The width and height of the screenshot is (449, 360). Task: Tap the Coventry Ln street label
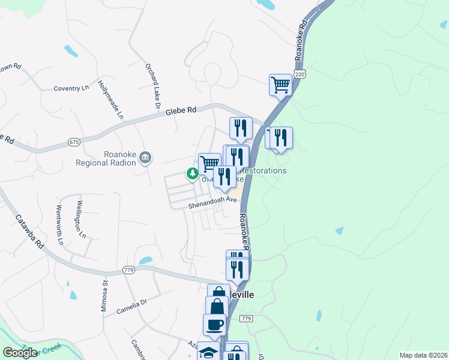click(71, 89)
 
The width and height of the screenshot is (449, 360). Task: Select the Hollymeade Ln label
click(110, 99)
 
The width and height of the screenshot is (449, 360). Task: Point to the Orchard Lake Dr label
click(151, 85)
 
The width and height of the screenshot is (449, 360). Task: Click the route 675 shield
click(74, 142)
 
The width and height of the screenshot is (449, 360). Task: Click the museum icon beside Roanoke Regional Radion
click(145, 158)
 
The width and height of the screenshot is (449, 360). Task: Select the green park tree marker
click(192, 174)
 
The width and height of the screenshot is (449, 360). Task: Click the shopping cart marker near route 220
click(280, 85)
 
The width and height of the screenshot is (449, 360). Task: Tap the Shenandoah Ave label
click(209, 202)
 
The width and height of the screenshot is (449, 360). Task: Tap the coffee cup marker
click(215, 325)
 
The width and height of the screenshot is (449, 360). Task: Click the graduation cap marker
click(208, 352)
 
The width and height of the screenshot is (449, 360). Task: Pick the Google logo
click(20, 353)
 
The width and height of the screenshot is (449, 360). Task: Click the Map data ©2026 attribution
click(423, 355)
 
